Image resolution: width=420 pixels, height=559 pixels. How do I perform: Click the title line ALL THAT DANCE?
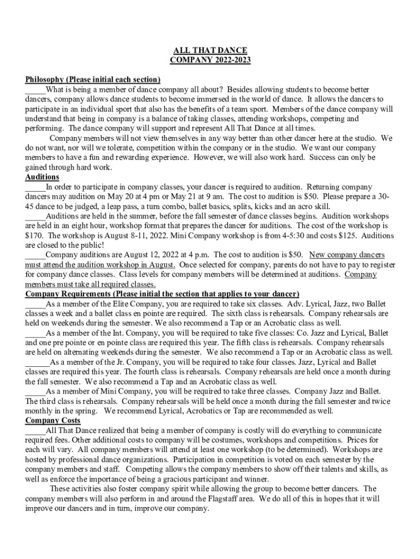click(210, 50)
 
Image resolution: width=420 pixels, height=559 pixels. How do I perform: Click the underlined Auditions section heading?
click(43, 177)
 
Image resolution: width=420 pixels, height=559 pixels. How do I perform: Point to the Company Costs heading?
click(53, 420)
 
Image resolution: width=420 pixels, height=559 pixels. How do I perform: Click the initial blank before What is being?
click(35, 90)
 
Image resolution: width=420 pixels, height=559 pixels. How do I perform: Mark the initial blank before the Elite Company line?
click(35, 304)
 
